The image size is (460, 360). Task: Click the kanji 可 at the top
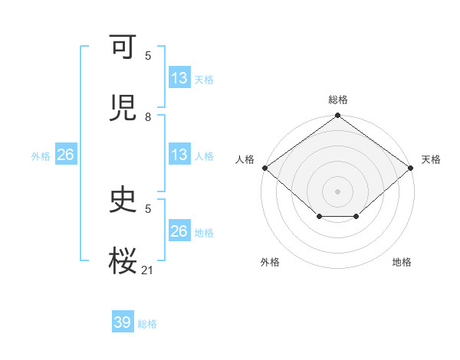(x=123, y=47)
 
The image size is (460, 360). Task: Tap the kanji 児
(x=123, y=106)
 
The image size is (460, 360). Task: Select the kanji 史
(x=123, y=201)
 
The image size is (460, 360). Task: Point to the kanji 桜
(x=123, y=260)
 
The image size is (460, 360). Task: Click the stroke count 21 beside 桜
(x=148, y=270)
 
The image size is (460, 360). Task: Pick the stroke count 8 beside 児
(x=148, y=117)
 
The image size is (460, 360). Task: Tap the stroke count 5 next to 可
(x=148, y=56)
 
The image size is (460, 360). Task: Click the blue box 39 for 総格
(x=123, y=322)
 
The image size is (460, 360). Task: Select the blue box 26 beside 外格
(x=65, y=155)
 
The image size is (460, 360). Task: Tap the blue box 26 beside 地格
(x=179, y=231)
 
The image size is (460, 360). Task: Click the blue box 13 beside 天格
(x=179, y=78)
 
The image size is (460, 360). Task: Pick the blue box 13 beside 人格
(x=179, y=155)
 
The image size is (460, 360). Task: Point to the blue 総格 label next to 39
(x=147, y=324)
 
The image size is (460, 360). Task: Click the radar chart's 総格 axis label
(x=338, y=100)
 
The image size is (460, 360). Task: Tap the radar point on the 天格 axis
(x=411, y=168)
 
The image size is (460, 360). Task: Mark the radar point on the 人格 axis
(x=264, y=168)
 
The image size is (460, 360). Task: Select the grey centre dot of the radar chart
(x=338, y=191)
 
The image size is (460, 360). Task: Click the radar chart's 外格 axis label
(x=270, y=262)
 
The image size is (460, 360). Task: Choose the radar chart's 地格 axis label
(x=402, y=262)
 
